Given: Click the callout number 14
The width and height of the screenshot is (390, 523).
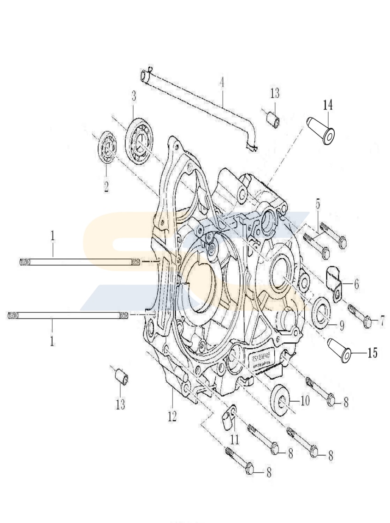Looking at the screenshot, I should coord(327,106).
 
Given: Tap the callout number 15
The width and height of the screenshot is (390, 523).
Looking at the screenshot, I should coord(372,353).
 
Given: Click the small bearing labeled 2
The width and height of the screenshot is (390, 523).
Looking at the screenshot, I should coord(109,147).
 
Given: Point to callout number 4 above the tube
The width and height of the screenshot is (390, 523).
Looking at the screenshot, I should coord(222,83).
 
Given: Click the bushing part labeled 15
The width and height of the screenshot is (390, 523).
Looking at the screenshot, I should coord(339,351).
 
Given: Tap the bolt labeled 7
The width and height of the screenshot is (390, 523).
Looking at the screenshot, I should coord(361,319).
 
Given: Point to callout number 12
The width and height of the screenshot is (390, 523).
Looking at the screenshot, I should coord(172,416).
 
